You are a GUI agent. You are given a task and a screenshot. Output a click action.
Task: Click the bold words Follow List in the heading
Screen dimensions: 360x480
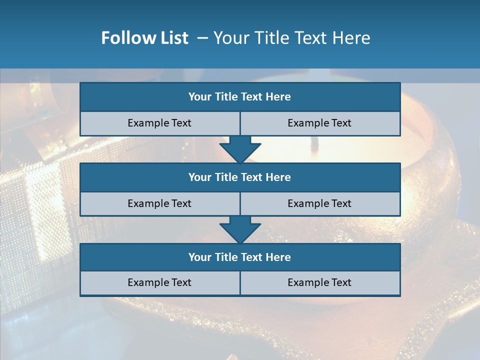[x=144, y=38]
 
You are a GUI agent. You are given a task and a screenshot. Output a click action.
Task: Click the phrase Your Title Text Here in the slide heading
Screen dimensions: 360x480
[x=291, y=38]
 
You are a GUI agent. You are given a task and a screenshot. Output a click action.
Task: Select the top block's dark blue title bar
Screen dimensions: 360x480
[x=240, y=97]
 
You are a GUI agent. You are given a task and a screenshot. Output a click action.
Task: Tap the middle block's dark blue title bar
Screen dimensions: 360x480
[x=240, y=177]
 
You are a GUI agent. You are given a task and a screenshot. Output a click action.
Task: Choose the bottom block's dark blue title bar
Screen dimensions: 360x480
[x=240, y=257]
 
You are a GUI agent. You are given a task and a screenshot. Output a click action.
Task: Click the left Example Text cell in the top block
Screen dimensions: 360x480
[x=159, y=123]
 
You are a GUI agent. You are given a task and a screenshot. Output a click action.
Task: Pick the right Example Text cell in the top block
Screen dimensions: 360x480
[x=319, y=123]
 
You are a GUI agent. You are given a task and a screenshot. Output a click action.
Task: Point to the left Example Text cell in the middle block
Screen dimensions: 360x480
[x=159, y=204]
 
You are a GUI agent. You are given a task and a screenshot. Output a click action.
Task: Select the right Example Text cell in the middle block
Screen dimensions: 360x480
[x=319, y=204]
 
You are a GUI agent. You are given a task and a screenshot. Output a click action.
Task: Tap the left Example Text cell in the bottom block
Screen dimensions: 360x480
[x=159, y=283]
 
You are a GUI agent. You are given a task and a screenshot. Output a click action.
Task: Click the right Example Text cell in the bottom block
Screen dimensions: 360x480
[x=319, y=283]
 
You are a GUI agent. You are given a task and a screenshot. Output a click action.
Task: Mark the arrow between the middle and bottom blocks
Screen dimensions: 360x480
[x=240, y=229]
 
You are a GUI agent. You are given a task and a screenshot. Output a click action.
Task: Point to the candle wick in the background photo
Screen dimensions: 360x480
[x=314, y=144]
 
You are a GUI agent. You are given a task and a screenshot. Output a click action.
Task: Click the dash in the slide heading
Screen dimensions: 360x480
[x=202, y=38]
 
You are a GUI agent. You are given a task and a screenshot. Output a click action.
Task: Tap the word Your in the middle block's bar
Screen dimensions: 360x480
[x=199, y=177]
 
